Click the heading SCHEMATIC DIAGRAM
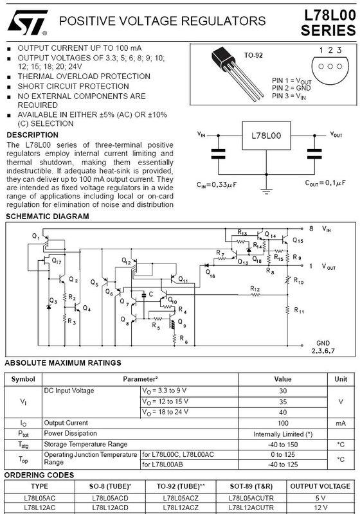[48, 217]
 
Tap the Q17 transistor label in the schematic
[57, 261]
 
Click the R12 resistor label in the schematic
[255, 288]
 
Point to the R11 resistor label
[299, 310]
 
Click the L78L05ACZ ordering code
[181, 497]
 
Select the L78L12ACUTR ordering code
[250, 508]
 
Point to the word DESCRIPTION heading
[32, 135]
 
